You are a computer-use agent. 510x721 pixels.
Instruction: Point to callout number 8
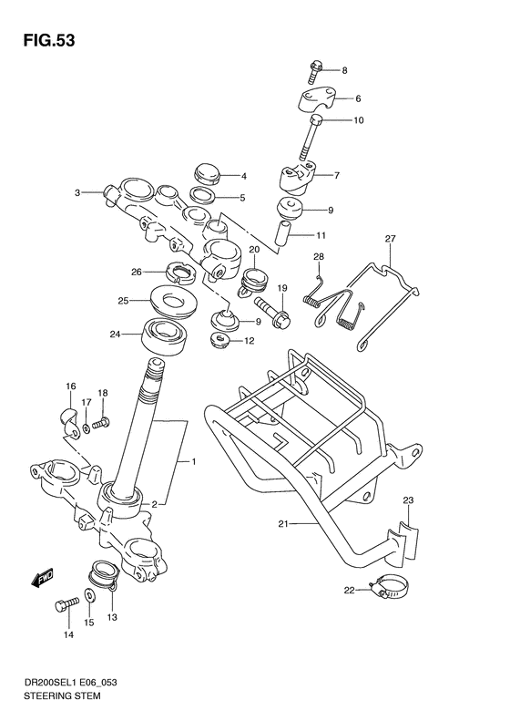[x=344, y=69]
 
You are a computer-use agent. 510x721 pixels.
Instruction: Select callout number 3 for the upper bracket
[x=79, y=192]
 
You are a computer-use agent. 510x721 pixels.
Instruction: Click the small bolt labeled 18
[x=100, y=423]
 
